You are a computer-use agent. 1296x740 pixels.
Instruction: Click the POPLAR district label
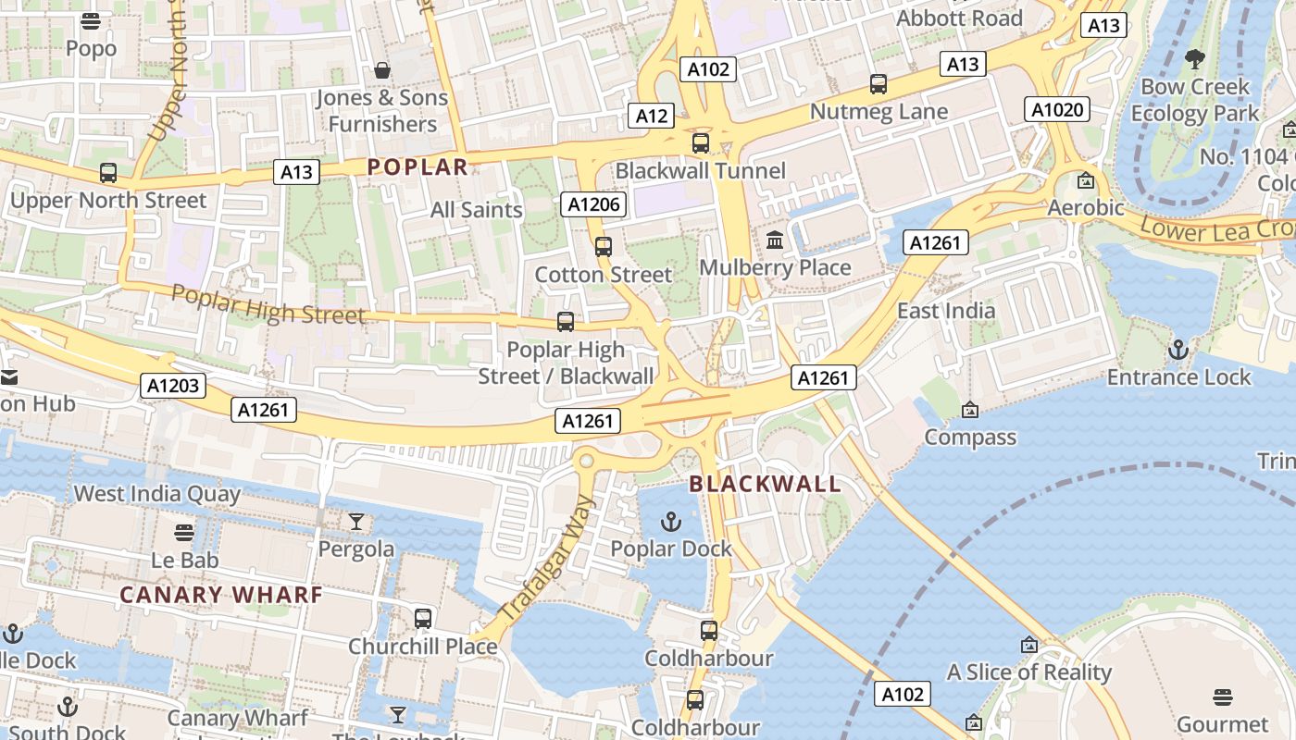(417, 166)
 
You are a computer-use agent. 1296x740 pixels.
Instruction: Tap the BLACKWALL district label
(765, 484)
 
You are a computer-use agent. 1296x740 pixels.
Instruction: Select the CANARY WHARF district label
(221, 595)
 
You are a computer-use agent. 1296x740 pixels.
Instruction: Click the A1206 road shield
(592, 204)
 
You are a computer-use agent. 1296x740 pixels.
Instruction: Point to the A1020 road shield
(1056, 110)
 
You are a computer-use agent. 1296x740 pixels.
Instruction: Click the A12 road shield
(651, 116)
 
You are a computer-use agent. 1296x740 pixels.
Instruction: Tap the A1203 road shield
(173, 386)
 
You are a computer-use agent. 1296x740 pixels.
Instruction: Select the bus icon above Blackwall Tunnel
(701, 143)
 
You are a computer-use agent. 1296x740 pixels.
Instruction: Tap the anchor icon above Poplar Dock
(671, 523)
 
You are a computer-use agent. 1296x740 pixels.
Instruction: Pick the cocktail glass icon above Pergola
(356, 523)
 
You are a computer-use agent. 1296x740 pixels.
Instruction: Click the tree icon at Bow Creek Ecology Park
(1195, 60)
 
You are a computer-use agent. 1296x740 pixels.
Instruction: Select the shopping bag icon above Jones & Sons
(381, 70)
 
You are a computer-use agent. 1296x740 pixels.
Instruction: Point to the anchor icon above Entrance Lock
(1178, 350)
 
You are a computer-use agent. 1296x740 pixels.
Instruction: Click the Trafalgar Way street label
(546, 558)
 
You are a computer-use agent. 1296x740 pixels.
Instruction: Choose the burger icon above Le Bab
(185, 533)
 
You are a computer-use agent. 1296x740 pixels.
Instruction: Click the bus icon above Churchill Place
(423, 619)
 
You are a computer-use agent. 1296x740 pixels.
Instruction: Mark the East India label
(946, 311)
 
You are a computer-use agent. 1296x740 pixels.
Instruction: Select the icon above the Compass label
(969, 410)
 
